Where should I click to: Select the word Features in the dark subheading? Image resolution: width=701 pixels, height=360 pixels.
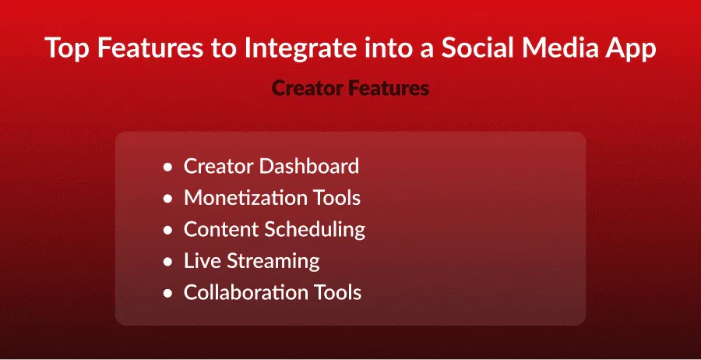[389, 88]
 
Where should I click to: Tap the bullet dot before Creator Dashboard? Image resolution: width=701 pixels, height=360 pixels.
[167, 168]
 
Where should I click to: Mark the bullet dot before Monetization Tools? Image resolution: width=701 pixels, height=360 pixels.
[167, 199]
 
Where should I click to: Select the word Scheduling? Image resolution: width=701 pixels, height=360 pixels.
[315, 230]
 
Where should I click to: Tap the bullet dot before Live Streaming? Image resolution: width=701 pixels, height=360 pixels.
[167, 262]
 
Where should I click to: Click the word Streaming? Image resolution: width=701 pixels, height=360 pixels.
[273, 261]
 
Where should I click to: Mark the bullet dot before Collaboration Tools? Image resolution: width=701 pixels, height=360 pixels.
[167, 294]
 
